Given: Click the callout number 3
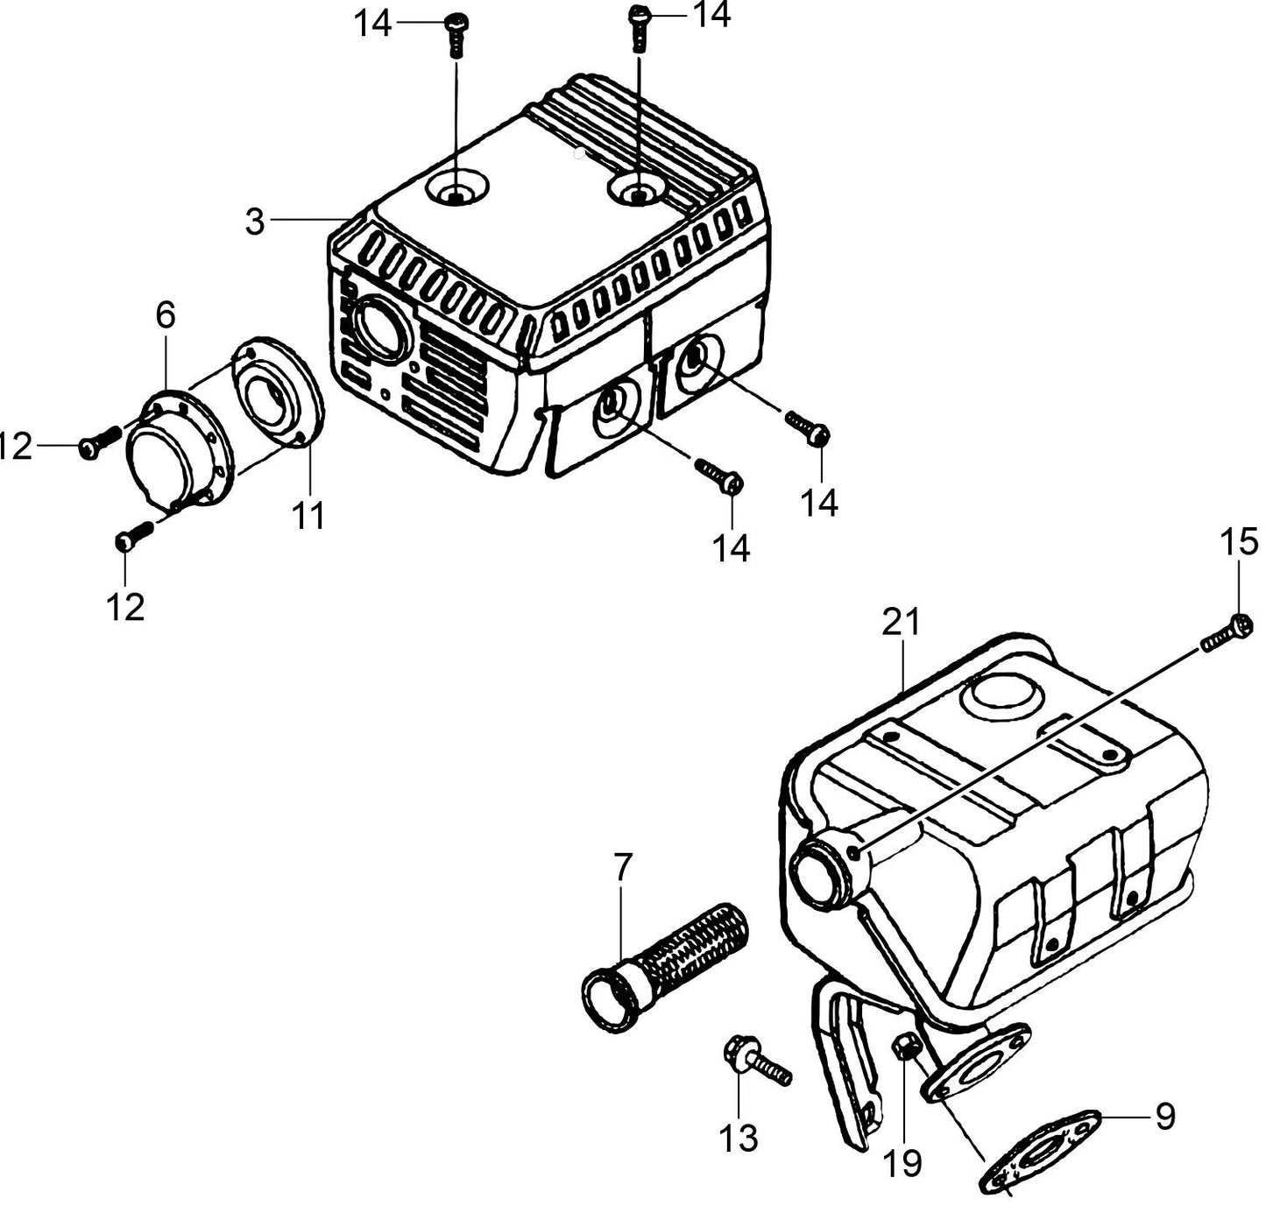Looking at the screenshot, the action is pyautogui.click(x=255, y=221).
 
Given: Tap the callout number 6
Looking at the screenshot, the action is pyautogui.click(x=166, y=315).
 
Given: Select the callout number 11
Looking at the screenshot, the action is pyautogui.click(x=308, y=517).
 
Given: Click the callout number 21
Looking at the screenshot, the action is pyautogui.click(x=901, y=622).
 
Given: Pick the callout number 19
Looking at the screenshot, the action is pyautogui.click(x=902, y=1164).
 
